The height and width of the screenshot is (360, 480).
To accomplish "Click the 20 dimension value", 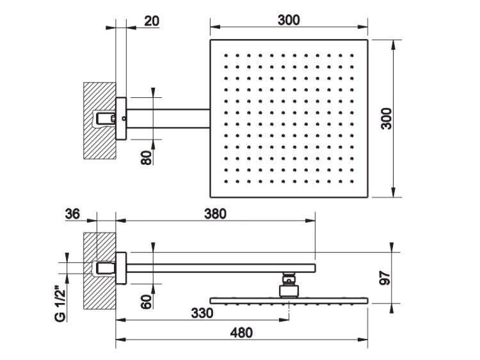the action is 152,21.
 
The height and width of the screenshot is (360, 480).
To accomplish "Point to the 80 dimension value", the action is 147,158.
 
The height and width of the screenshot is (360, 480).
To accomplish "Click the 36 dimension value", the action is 72,214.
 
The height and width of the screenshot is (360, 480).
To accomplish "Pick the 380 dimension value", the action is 215,214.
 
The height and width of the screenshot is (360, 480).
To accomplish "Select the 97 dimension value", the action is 385,278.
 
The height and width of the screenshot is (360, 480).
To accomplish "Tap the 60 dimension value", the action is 147,302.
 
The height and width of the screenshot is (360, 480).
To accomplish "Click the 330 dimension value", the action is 202,313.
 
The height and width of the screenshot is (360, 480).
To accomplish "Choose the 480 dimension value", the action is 241,333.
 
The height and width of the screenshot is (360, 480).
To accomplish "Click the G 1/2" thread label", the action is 60,304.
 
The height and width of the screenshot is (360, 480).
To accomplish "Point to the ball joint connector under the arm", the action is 289,285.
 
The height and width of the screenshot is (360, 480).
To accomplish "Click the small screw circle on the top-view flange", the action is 124,118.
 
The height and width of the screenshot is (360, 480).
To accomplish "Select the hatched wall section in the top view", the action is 100,120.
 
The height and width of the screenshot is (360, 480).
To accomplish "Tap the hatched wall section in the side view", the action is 100,270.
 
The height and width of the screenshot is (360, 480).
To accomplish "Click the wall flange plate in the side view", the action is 121,268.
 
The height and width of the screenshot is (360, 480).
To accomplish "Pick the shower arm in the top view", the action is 168,118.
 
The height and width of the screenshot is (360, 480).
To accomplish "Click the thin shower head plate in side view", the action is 289,301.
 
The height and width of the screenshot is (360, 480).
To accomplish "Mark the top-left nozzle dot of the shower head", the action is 226,56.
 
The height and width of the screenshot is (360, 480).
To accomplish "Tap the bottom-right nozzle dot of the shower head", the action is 352,182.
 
